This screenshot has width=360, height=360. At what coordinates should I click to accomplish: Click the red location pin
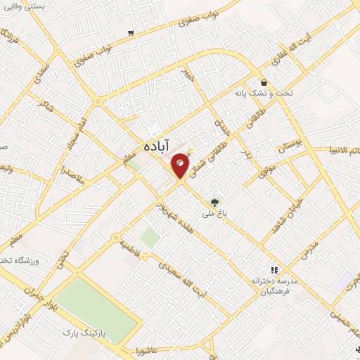point(180,165)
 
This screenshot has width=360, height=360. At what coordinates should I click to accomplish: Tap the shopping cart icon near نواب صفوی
point(131,33)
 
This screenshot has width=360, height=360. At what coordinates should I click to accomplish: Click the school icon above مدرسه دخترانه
point(275,269)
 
